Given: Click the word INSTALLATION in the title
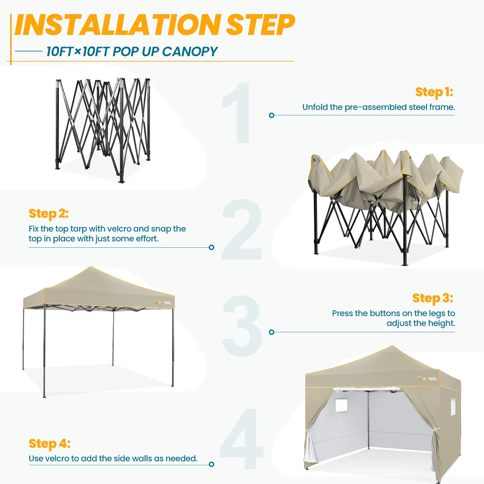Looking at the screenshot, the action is (117, 24).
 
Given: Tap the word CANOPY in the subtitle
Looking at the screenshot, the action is (190, 52).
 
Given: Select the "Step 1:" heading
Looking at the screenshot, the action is (434, 92).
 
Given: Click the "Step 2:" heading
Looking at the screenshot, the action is (49, 214).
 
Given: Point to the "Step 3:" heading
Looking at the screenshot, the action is (433, 298).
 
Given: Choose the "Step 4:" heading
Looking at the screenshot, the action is (50, 444).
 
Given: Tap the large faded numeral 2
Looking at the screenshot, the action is (242, 229).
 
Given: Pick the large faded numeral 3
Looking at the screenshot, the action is (242, 326).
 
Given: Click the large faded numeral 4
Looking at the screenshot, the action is (242, 439).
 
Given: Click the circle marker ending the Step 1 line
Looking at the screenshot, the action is (272, 115).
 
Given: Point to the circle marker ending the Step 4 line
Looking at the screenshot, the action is (212, 464).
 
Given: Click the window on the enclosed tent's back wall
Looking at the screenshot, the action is (341, 405).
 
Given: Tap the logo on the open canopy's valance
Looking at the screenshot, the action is (163, 303).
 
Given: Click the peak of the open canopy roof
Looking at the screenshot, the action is (91, 267).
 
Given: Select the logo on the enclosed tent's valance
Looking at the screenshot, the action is (428, 379).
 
